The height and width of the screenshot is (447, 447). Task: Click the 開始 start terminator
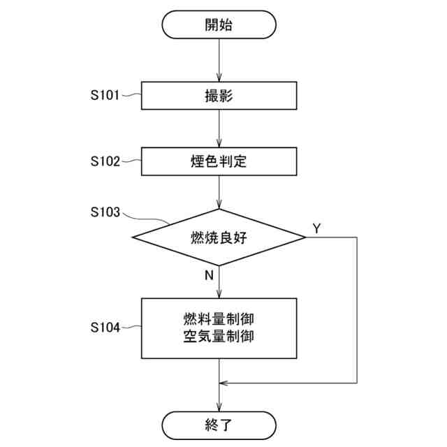point(219,26)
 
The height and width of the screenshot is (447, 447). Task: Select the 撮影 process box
point(219,96)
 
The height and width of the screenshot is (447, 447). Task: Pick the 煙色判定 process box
point(219,162)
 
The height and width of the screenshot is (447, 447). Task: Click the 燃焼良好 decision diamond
point(219,237)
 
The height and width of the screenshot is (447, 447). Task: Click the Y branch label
point(316,228)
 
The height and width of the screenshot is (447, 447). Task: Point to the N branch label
point(209,275)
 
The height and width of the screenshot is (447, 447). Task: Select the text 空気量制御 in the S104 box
point(219,336)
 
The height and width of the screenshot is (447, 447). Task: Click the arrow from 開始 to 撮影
point(219,60)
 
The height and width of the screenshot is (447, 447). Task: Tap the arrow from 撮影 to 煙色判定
point(219,128)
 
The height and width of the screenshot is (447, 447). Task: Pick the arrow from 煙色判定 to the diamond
point(219,192)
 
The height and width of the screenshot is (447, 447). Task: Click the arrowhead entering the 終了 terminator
point(219,406)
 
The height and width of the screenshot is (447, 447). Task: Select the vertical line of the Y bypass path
point(357,311)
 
